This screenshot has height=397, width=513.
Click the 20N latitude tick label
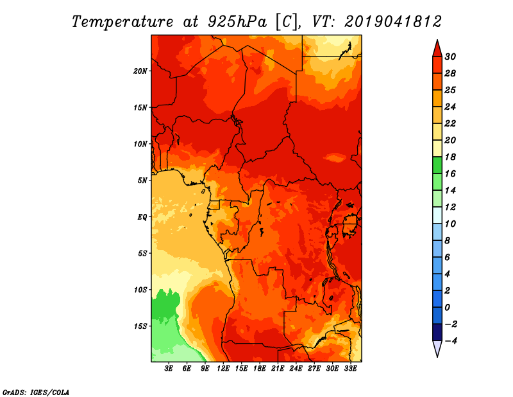140,71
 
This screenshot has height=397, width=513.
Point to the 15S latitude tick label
140,326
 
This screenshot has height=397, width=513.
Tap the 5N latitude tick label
142,180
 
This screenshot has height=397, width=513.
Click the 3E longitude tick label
169,368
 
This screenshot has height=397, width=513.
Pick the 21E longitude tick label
277,368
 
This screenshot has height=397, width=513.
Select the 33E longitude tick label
349,368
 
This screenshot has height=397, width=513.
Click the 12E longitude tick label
223,368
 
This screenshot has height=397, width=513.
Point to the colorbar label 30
450,56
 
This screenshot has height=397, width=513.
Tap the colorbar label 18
450,157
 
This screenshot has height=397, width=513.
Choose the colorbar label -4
450,340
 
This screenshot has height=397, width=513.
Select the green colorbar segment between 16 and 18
436,165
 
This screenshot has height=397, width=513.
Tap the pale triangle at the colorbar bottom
436,348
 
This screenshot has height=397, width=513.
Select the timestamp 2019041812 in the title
392,21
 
